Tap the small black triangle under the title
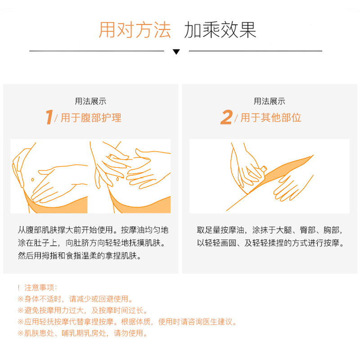coord(176,52)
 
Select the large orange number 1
coord(49,118)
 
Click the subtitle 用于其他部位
coord(271,118)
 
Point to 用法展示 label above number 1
coord(90,101)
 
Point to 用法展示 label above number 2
coord(270,101)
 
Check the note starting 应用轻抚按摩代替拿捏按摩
coord(126,322)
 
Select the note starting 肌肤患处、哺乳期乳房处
coord(82,333)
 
